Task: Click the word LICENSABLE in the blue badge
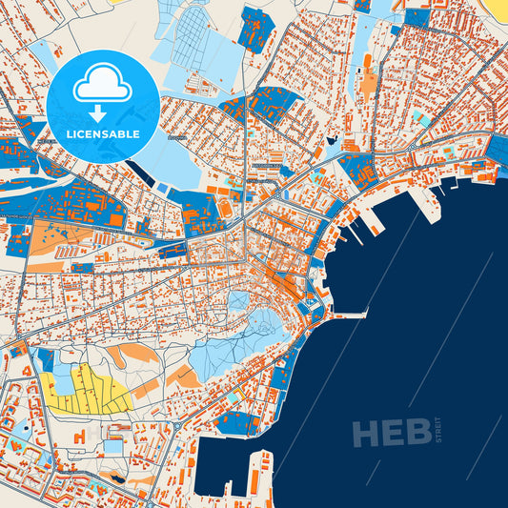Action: click(x=103, y=133)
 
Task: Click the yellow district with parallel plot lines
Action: click(x=87, y=391)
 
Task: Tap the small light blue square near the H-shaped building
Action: click(x=113, y=445)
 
